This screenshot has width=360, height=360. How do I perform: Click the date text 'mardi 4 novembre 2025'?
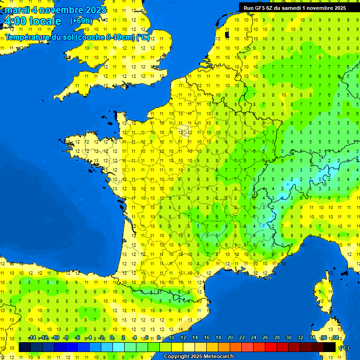(56, 10)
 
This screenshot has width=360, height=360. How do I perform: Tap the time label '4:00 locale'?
(32, 21)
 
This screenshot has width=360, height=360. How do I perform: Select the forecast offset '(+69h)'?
(81, 21)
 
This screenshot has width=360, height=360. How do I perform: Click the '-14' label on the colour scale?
(32, 337)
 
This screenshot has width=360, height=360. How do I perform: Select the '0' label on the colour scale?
(112, 337)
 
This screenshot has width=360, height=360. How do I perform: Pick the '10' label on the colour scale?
(172, 337)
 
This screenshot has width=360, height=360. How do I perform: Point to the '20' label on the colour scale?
(230, 337)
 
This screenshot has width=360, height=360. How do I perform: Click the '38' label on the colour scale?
(335, 337)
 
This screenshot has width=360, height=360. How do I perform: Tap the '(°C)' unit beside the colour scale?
(344, 348)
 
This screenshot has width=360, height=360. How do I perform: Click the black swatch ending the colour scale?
(330, 347)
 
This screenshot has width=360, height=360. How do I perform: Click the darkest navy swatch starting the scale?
(25, 347)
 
